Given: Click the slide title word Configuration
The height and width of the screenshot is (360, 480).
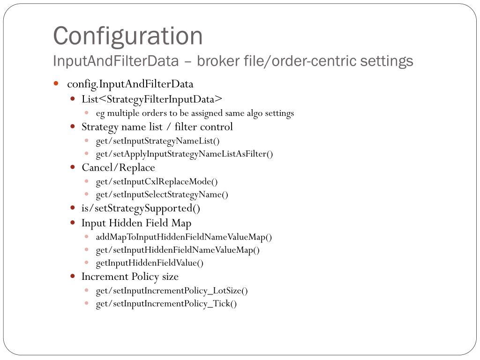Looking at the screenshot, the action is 127,36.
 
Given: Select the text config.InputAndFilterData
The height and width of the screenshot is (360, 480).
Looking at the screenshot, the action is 130,84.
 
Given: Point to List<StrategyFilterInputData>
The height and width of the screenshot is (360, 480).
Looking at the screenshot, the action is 152,99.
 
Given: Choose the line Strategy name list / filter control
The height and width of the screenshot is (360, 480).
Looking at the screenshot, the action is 157,127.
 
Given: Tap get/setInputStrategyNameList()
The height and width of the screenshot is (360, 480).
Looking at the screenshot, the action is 157,141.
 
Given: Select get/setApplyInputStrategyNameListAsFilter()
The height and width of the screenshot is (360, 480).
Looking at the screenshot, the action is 184,154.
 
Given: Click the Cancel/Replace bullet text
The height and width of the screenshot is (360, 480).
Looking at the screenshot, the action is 118,168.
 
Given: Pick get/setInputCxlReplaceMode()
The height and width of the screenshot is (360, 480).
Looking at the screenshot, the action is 157,181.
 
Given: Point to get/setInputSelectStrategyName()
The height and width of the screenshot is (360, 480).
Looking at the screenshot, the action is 162,195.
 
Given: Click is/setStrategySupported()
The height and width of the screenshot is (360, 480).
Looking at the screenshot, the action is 141,208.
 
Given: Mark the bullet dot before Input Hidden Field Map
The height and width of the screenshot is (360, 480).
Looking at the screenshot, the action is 73,223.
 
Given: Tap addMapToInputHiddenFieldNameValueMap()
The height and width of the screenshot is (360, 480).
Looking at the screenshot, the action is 184,237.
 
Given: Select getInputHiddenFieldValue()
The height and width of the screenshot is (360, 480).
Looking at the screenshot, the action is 150,263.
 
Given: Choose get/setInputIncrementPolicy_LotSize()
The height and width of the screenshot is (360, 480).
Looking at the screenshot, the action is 172,291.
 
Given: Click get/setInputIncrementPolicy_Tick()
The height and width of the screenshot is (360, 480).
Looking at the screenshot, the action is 166,304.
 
